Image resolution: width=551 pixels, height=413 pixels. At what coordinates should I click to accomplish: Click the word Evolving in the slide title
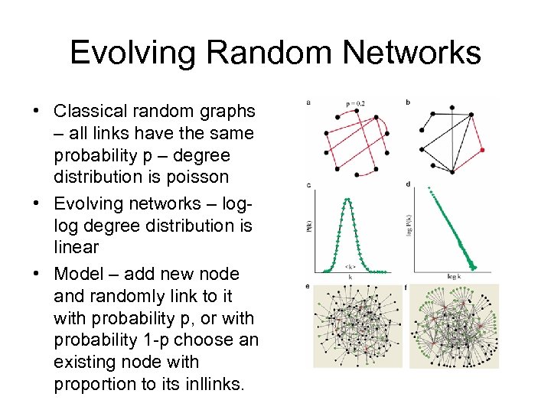132,53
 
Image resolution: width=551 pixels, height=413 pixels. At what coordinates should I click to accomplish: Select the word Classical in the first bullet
89,111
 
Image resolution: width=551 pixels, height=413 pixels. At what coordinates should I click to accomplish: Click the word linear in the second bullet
77,247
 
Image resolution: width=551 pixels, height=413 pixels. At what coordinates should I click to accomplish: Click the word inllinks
207,384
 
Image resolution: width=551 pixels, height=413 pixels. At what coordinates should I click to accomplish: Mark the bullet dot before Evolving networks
36,203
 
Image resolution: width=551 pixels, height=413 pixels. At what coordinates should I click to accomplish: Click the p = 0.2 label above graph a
355,102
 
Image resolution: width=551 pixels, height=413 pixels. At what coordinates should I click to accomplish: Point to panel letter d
408,184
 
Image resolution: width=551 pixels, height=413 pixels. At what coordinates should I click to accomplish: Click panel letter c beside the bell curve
308,184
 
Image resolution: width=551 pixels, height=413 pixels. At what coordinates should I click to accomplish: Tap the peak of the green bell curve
348,200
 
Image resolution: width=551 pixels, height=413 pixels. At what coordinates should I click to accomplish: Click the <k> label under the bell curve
350,268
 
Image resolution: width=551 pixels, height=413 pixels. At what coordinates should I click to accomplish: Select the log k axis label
456,275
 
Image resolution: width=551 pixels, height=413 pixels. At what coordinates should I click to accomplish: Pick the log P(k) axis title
412,228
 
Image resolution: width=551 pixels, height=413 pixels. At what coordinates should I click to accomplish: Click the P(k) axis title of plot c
309,227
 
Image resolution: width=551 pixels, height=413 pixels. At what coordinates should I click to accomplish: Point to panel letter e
308,287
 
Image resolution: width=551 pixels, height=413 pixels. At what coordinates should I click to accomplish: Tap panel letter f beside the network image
406,288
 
